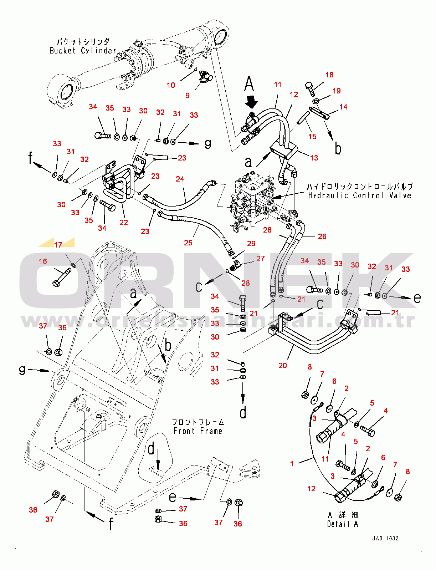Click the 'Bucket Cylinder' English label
(x=82, y=51)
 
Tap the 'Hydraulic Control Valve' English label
(x=359, y=195)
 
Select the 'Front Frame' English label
(x=198, y=431)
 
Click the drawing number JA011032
(x=385, y=538)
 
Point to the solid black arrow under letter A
(x=252, y=101)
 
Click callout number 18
(x=329, y=75)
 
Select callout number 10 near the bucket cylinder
(x=171, y=85)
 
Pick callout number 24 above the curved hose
(x=180, y=179)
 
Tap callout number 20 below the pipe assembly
(x=282, y=366)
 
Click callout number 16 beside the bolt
(x=43, y=261)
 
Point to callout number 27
(x=261, y=259)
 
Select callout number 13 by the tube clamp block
(x=314, y=158)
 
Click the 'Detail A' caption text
(x=342, y=524)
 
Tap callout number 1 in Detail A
(x=292, y=464)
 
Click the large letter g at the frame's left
(x=22, y=370)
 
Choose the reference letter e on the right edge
(x=417, y=298)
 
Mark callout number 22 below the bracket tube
(x=123, y=223)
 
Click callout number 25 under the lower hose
(x=188, y=243)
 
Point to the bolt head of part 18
(x=309, y=86)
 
